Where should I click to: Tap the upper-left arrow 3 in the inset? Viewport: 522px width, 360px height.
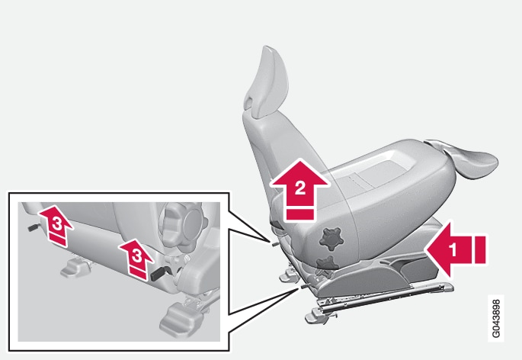pos(56,225)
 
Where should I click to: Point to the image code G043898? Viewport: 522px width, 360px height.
pos(496,318)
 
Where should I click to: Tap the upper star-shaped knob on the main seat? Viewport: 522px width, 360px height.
pos(331,239)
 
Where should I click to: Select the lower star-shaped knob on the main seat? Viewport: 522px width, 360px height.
pos(327,263)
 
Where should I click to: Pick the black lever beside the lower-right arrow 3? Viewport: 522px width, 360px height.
pos(159,273)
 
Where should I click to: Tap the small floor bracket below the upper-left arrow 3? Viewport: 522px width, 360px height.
pos(75,268)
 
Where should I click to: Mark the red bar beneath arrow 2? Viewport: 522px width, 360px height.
pos(300,214)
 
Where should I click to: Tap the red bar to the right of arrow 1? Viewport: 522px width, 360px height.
pos(480,249)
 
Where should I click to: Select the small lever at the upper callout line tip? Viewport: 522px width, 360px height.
pos(275,243)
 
